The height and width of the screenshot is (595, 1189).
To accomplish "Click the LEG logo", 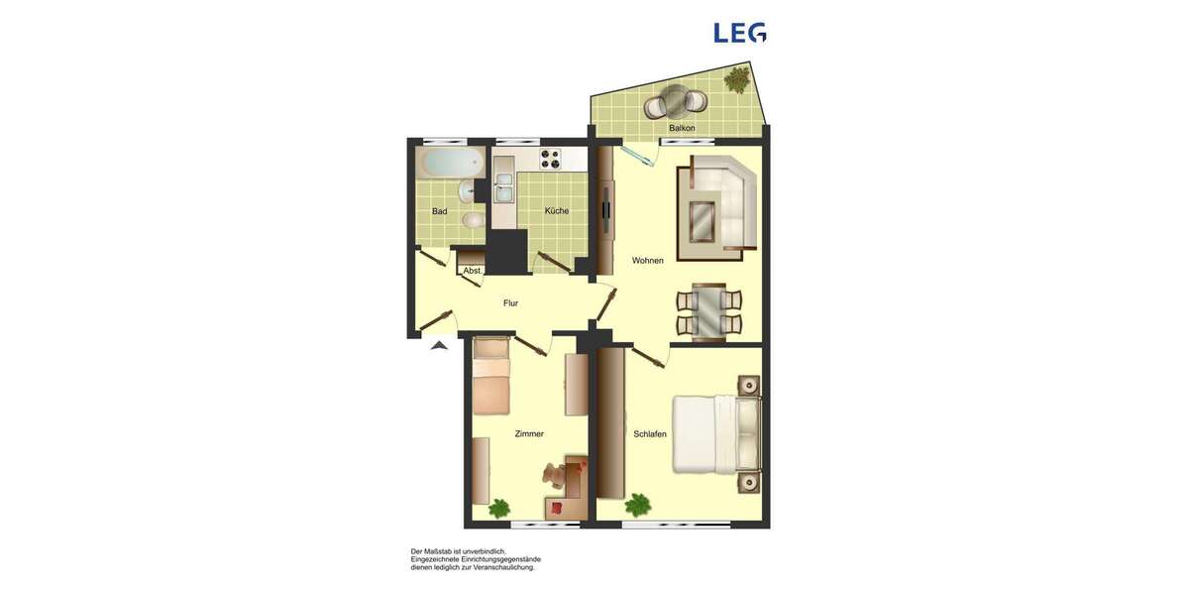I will click(x=739, y=33).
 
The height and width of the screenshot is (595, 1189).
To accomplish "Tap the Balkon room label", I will click(x=682, y=129).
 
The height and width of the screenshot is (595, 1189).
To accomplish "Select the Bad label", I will click(x=440, y=211).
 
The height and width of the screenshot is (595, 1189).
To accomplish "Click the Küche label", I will click(x=557, y=211).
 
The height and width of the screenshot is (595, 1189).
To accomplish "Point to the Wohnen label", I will click(x=648, y=261).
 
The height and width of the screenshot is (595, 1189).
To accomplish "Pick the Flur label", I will click(x=510, y=303).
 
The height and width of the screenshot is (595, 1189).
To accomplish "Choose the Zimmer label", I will click(x=529, y=434).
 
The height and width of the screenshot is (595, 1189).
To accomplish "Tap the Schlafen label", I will click(x=650, y=434).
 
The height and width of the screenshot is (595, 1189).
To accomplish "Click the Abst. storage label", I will click(x=473, y=271).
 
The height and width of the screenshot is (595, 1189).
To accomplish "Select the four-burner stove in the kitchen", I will click(x=550, y=158).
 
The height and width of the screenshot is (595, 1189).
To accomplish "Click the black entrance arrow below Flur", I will click(x=439, y=345).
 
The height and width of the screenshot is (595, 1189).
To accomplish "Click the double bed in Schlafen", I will click(x=715, y=434).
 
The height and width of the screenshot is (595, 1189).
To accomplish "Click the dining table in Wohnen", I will click(x=708, y=311).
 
